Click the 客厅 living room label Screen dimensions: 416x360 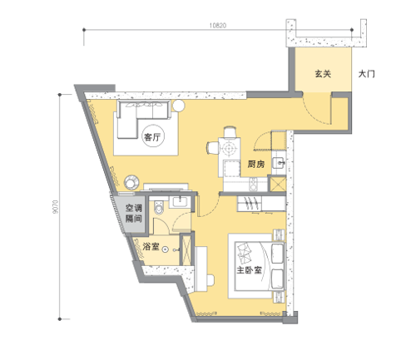click(152, 137)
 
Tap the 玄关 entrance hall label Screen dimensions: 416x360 click(323, 74)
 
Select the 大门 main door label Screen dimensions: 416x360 click(366, 74)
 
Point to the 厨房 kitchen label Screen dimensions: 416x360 click(256, 165)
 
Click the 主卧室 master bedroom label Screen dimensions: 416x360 click(249, 270)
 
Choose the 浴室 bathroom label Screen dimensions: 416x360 click(151, 246)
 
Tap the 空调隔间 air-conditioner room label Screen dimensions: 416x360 click(134, 213)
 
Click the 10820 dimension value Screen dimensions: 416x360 click(218, 26)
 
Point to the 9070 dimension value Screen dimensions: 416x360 click(56, 207)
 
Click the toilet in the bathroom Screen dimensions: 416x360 click(158, 208)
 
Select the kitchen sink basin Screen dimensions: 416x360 click(278, 163)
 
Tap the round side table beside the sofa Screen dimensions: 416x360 click(178, 106)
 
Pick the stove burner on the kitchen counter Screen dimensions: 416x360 click(254, 184)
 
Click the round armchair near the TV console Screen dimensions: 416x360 click(131, 182)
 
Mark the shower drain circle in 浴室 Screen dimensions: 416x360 click(166, 249)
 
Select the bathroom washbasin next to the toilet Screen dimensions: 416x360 click(181, 201)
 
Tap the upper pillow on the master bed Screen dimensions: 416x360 click(277, 254)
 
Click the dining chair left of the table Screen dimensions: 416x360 click(212, 147)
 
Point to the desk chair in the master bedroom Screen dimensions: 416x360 click(210, 280)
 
